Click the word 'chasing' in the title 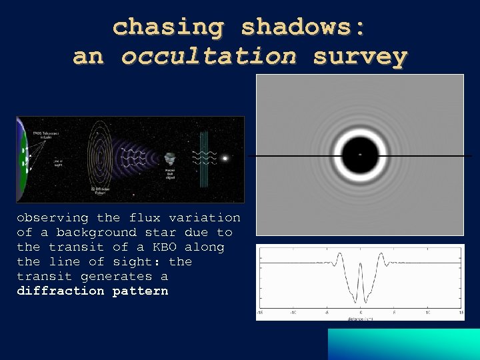coord(168,27)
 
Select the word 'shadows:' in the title coord(303,27)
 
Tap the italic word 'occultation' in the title coord(209,57)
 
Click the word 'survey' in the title coord(360,57)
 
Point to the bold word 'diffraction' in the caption coord(61,291)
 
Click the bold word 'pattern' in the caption coord(140,291)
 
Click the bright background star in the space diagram coord(225,159)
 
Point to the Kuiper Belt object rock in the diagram coord(170,159)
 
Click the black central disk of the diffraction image coord(360,155)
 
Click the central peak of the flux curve coord(361,267)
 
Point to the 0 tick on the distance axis coord(361,313)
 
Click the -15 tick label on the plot coord(260,313)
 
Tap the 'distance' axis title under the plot coord(357,318)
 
